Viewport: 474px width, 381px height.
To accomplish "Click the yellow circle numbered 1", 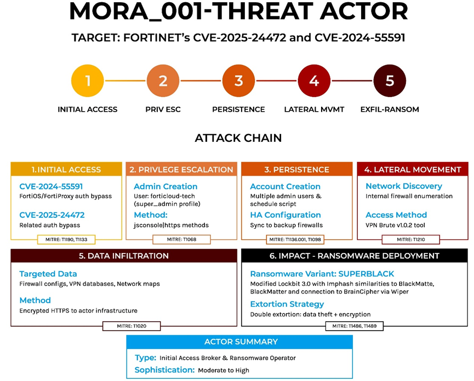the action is pos(87,80).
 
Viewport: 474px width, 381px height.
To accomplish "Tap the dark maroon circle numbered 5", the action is pos(390,80).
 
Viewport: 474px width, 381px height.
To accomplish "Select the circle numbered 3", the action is pos(238,80).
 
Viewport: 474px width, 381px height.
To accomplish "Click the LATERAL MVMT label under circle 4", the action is pos(314,109).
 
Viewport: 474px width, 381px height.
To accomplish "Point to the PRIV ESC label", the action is pos(163,109).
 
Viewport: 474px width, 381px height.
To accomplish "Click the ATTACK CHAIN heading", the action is pos(238,138).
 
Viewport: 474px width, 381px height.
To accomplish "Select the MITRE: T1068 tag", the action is pos(181,239).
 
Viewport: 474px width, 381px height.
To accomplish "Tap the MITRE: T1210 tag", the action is pos(410,239).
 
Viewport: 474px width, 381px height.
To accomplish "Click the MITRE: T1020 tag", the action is pos(132,326).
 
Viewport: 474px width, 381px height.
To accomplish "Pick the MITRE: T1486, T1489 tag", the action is pos(355,326).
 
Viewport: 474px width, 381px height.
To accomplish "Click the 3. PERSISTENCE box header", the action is pos(297,169).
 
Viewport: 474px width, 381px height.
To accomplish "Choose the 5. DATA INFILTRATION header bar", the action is pos(124,256).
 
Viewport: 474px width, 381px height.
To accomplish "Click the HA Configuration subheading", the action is pos(285,215).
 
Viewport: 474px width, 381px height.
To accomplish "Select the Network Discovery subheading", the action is pos(404,186).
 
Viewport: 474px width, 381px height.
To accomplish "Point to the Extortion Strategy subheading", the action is pos(287,304).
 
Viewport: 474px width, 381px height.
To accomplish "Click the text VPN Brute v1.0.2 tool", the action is pos(395,225).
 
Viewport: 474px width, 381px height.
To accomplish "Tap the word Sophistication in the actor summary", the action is pos(164,370).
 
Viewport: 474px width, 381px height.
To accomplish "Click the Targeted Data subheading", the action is pos(48,274).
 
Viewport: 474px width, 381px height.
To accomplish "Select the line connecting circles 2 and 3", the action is pos(201,80).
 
